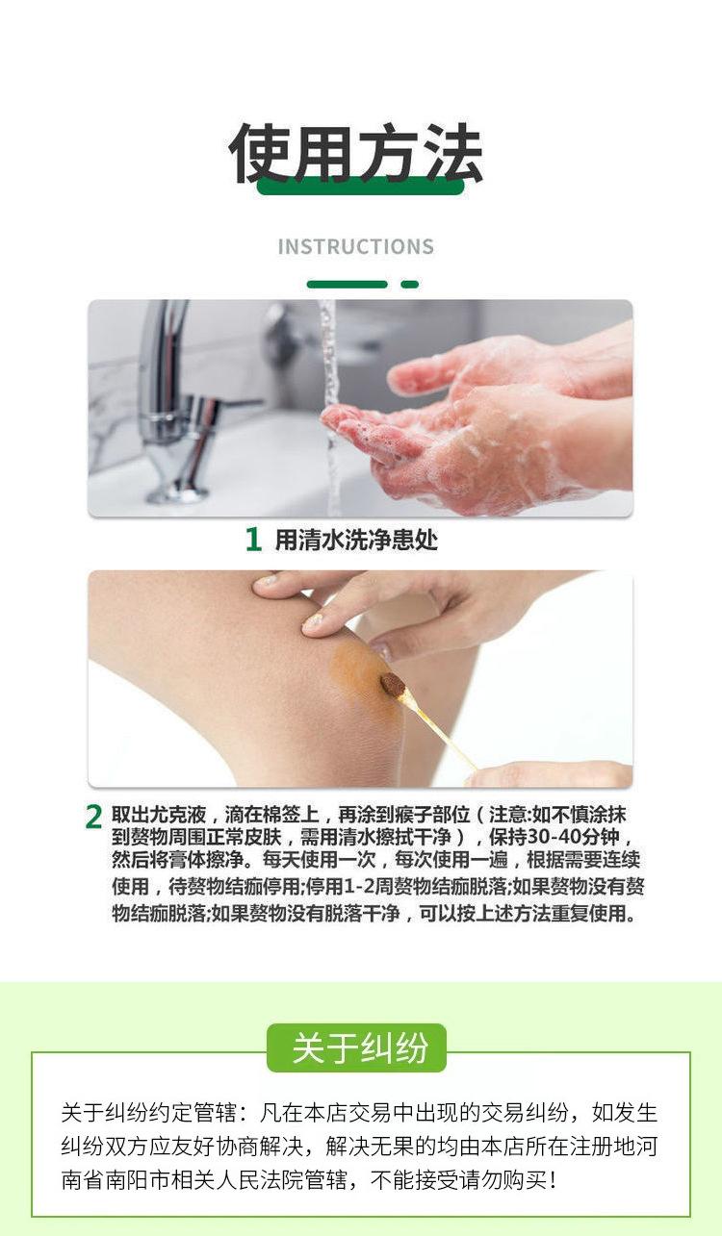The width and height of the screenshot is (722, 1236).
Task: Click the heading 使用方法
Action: click(356, 152)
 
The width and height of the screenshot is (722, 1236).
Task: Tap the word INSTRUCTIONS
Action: click(356, 246)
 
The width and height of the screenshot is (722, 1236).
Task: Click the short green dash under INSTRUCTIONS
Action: click(409, 284)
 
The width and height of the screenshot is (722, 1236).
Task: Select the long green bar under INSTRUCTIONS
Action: click(347, 284)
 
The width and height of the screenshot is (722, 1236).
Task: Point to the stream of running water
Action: click(330, 409)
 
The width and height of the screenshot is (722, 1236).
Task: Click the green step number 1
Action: click(253, 539)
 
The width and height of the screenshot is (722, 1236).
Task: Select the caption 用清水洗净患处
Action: click(356, 540)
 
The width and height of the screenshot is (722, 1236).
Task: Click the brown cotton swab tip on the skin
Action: click(393, 685)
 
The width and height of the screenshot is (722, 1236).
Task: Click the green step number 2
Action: click(93, 818)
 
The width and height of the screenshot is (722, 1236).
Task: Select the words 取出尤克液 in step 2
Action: click(159, 815)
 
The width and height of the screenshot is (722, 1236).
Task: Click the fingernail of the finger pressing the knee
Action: click(313, 621)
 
